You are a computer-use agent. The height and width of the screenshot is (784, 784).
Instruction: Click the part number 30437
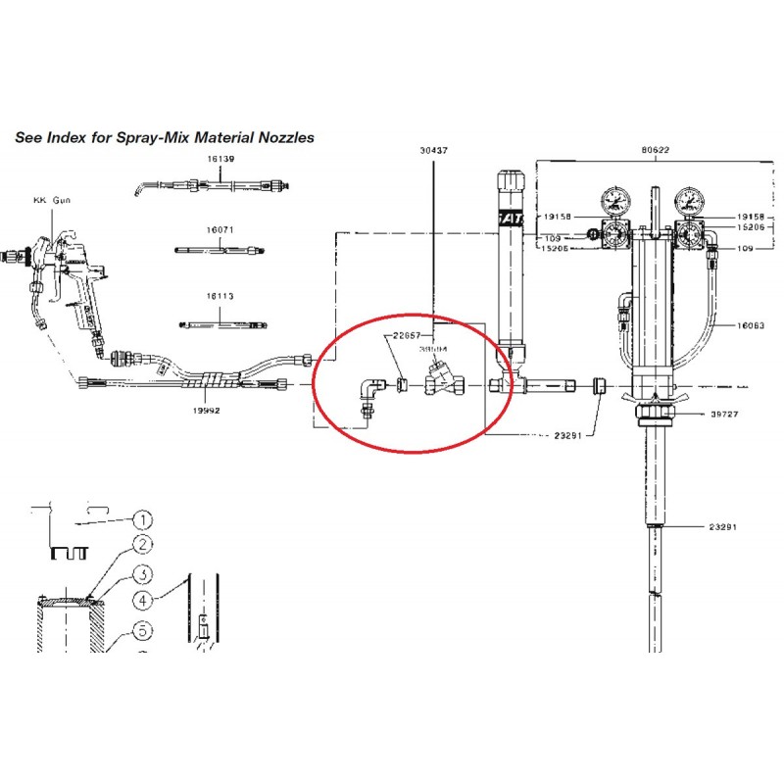tap(433, 151)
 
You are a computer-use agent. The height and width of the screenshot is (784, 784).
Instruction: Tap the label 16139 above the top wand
tap(220, 159)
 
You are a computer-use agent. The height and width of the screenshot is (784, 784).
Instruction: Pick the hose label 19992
tap(205, 411)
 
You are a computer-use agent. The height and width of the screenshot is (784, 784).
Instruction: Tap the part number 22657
tap(407, 334)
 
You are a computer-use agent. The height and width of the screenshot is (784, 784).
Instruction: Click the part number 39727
tap(725, 414)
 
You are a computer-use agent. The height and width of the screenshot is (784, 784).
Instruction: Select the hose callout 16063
tap(750, 324)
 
